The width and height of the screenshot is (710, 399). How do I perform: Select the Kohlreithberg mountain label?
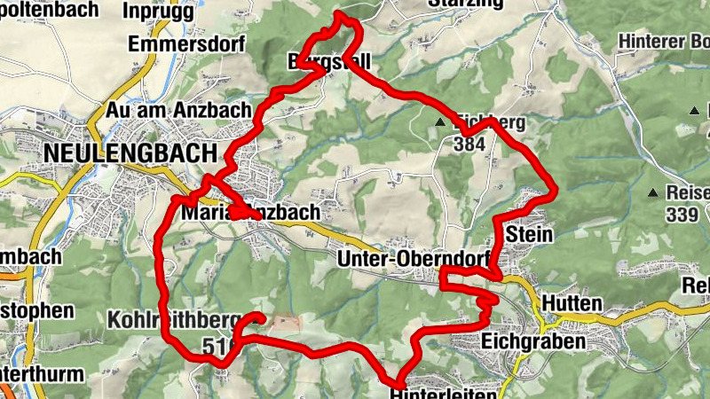[x=170, y=319]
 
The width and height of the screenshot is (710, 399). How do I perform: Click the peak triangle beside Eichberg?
[x=439, y=122]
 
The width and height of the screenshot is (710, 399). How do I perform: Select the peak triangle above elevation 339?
[x=653, y=192]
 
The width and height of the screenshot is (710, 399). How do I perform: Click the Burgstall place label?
[x=328, y=62]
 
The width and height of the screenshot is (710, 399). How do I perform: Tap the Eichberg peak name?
[x=489, y=122]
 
